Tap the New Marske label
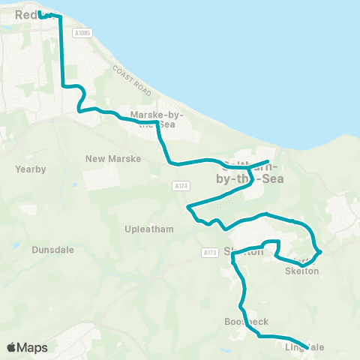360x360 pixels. pyautogui.click(x=108, y=158)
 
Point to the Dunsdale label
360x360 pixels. pyautogui.click(x=53, y=250)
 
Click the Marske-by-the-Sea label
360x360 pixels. pyautogui.click(x=157, y=119)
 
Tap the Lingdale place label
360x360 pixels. pyautogui.click(x=304, y=347)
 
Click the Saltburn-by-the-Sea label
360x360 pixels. pyautogui.click(x=247, y=171)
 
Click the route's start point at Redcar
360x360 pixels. pyautogui.click(x=40, y=13)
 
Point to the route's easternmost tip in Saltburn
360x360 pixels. pyautogui.click(x=268, y=161)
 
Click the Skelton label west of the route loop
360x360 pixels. pyautogui.click(x=244, y=252)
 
